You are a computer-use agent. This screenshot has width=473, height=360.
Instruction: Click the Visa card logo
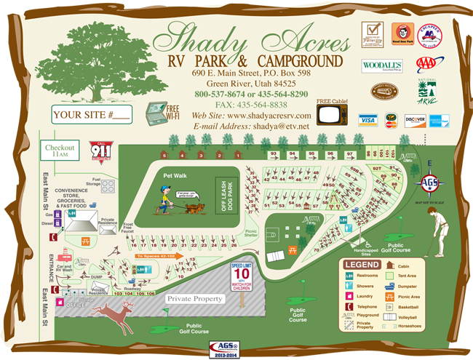[x=367, y=120]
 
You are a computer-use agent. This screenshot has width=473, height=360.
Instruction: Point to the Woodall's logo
[x=381, y=65]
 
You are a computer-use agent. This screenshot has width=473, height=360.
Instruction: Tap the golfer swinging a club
[x=436, y=229]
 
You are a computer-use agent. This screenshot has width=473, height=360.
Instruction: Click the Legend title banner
[x=362, y=265]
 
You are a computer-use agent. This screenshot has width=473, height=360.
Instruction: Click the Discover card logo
[x=415, y=120]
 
